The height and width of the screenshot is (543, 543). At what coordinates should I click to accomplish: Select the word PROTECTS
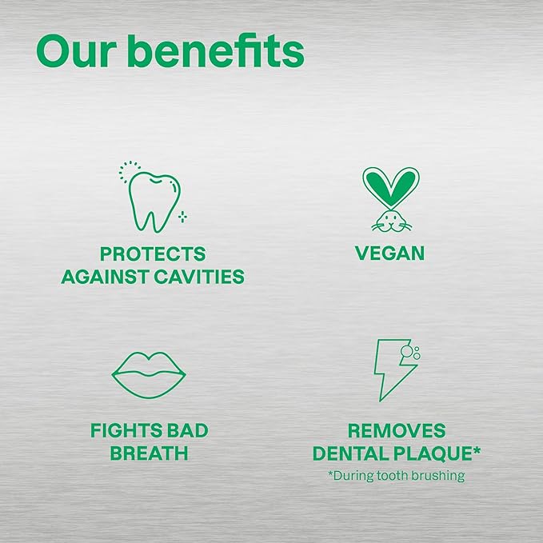(x=153, y=254)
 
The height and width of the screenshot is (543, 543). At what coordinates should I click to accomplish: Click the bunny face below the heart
(x=390, y=220)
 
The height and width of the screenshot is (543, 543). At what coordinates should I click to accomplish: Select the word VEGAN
(x=390, y=254)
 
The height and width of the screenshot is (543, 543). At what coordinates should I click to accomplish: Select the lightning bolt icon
(x=392, y=370)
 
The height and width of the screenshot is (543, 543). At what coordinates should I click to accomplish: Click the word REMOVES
(x=397, y=432)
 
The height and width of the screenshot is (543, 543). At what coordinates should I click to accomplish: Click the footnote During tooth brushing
(x=397, y=476)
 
